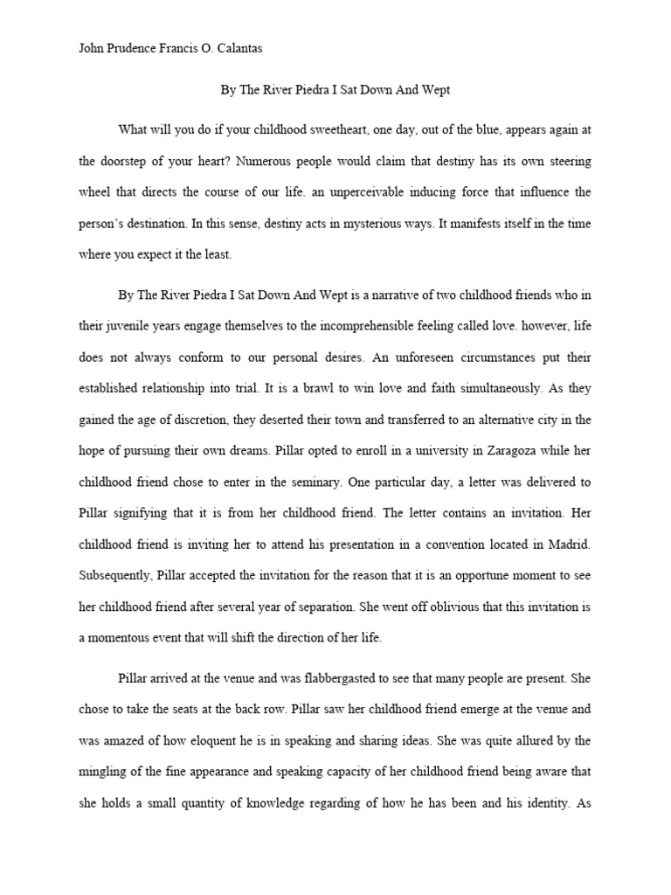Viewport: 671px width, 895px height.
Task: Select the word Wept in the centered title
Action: [439, 90]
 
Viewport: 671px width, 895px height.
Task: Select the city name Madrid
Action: [568, 544]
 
